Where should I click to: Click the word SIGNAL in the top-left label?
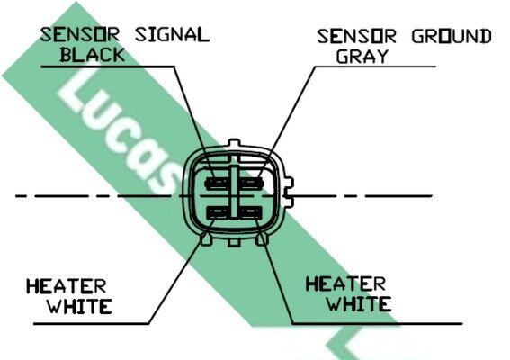pyautogui.click(x=173, y=34)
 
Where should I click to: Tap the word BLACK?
pyautogui.click(x=93, y=55)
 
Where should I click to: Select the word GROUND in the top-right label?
pyautogui.click(x=452, y=37)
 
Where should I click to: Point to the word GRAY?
pyautogui.click(x=362, y=57)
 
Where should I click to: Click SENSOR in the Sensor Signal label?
pyautogui.click(x=80, y=34)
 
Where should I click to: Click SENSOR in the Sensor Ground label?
pyautogui.click(x=356, y=37)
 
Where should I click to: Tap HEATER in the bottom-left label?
pyautogui.click(x=67, y=286)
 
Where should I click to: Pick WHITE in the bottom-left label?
pyautogui.click(x=80, y=306)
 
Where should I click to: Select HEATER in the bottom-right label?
pyautogui.click(x=345, y=284)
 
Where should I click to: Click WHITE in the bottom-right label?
pyautogui.click(x=359, y=304)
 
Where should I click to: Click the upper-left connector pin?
pyautogui.click(x=217, y=184)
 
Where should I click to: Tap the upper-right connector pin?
pyautogui.click(x=251, y=184)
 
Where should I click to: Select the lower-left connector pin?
pyautogui.click(x=218, y=213)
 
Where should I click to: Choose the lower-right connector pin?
pyautogui.click(x=250, y=213)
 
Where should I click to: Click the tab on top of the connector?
pyautogui.click(x=234, y=143)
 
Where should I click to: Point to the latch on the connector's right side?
pyautogui.click(x=288, y=192)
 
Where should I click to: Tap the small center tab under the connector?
pyautogui.click(x=234, y=242)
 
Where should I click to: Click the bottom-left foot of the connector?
pyautogui.click(x=207, y=239)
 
